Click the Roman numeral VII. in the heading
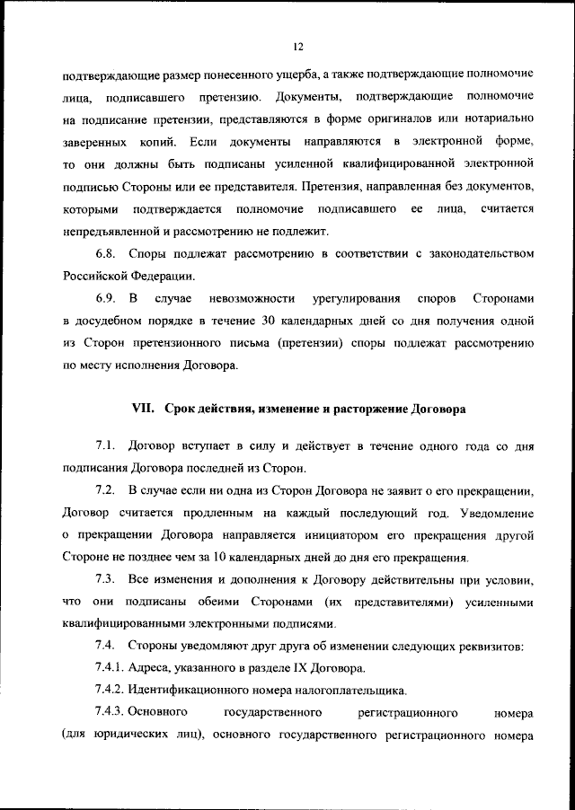pyautogui.click(x=145, y=409)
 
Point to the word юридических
pyautogui.click(x=127, y=735)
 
